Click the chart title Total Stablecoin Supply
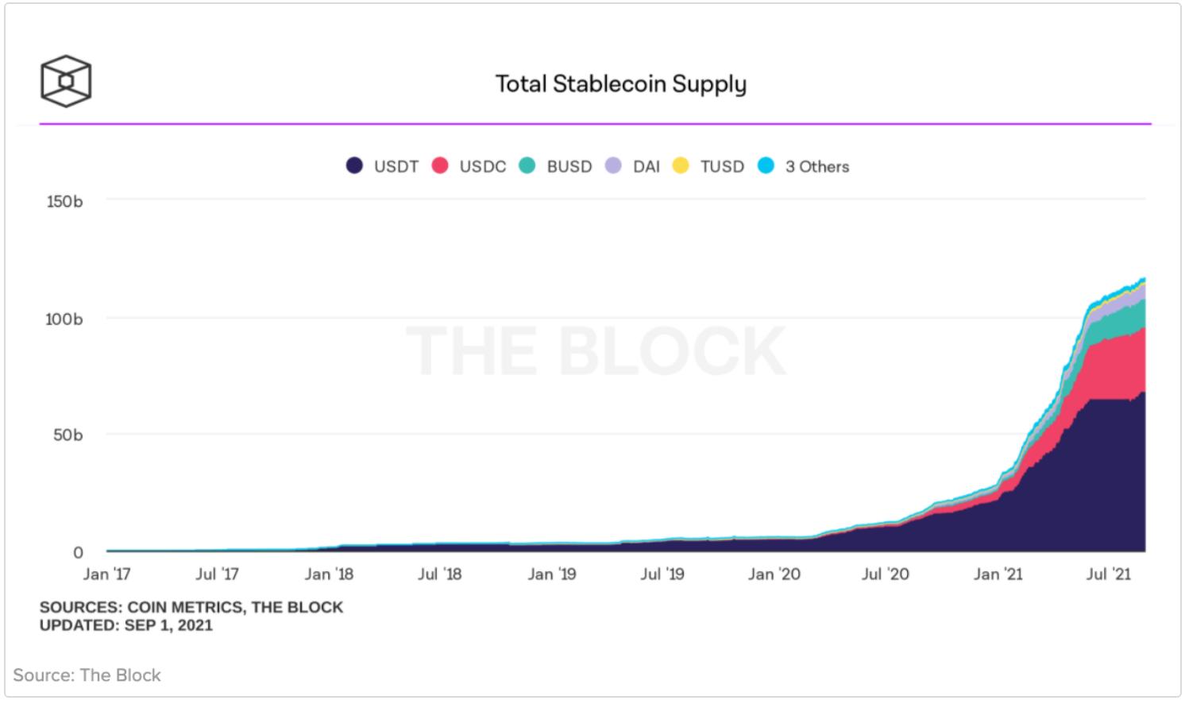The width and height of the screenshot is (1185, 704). [620, 83]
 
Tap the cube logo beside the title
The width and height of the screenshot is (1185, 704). [66, 81]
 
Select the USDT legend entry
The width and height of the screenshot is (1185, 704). [383, 166]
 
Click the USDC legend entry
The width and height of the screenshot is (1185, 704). [469, 166]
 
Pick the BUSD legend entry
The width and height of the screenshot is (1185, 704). [556, 166]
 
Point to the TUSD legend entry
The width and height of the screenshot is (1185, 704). [709, 166]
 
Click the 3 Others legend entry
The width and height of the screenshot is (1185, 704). [805, 166]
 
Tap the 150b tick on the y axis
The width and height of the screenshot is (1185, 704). [64, 201]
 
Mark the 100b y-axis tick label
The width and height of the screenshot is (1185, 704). [64, 319]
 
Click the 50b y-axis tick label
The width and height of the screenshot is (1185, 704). [68, 435]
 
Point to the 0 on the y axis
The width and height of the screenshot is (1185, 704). [78, 552]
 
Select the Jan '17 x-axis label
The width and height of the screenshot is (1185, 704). [106, 574]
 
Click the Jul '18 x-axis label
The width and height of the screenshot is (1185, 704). [439, 574]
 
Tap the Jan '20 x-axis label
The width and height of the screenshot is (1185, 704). [774, 574]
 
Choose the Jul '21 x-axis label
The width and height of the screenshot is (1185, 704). [1108, 574]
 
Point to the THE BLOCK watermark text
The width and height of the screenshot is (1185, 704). [596, 350]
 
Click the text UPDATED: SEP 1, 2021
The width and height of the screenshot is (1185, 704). [126, 625]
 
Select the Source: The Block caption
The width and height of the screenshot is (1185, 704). [87, 675]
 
